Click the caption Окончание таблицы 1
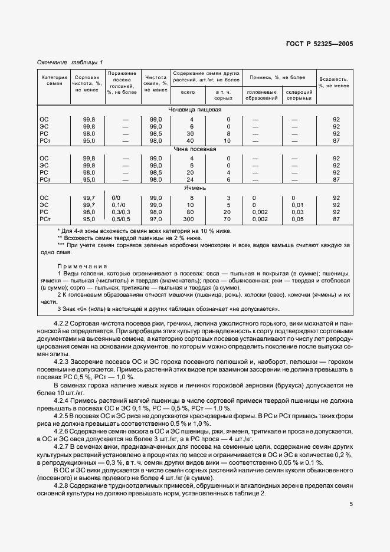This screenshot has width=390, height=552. pos(70,63)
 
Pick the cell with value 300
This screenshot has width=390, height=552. pos(189,219)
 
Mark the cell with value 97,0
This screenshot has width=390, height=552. pos(155,219)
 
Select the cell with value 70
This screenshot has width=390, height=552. pos(228,219)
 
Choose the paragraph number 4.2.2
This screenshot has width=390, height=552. pos(62,324)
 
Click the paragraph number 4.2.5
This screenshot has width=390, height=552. pos(62,415)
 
